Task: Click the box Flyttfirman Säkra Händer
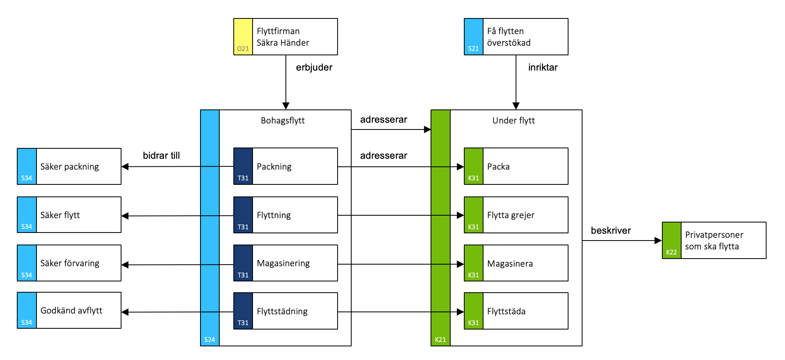click(285, 36)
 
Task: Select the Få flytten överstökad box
click(516, 36)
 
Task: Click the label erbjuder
click(314, 67)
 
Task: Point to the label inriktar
click(543, 67)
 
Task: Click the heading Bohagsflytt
click(283, 120)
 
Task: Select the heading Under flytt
click(514, 120)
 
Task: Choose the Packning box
click(285, 166)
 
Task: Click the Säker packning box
click(69, 166)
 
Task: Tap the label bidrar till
click(161, 156)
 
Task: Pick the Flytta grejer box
click(516, 215)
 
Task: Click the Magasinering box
click(285, 263)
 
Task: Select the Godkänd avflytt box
click(69, 310)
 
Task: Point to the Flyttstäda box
click(516, 311)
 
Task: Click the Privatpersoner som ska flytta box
click(714, 241)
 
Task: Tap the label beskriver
click(611, 231)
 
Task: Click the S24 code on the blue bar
click(210, 340)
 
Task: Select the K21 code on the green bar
click(440, 340)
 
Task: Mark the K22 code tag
click(672, 252)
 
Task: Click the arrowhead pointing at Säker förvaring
click(125, 265)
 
